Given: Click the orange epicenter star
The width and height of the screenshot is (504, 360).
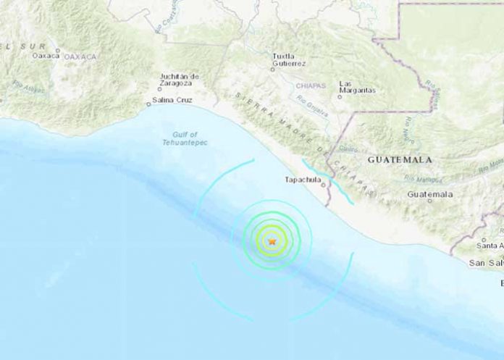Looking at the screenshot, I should click(272, 241).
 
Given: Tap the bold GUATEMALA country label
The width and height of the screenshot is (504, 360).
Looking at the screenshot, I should click(400, 159).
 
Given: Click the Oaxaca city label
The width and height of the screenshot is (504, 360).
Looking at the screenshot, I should click(46, 55).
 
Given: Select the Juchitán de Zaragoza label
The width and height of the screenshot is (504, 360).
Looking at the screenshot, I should click(180, 80).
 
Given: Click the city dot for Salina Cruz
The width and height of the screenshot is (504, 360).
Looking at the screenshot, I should click(148, 104).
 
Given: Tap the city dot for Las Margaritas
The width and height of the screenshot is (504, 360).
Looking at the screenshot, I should click(340, 96).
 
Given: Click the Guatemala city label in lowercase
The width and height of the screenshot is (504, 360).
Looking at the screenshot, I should click(430, 194).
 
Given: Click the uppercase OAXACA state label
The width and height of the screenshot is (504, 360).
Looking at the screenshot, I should click(80, 56).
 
